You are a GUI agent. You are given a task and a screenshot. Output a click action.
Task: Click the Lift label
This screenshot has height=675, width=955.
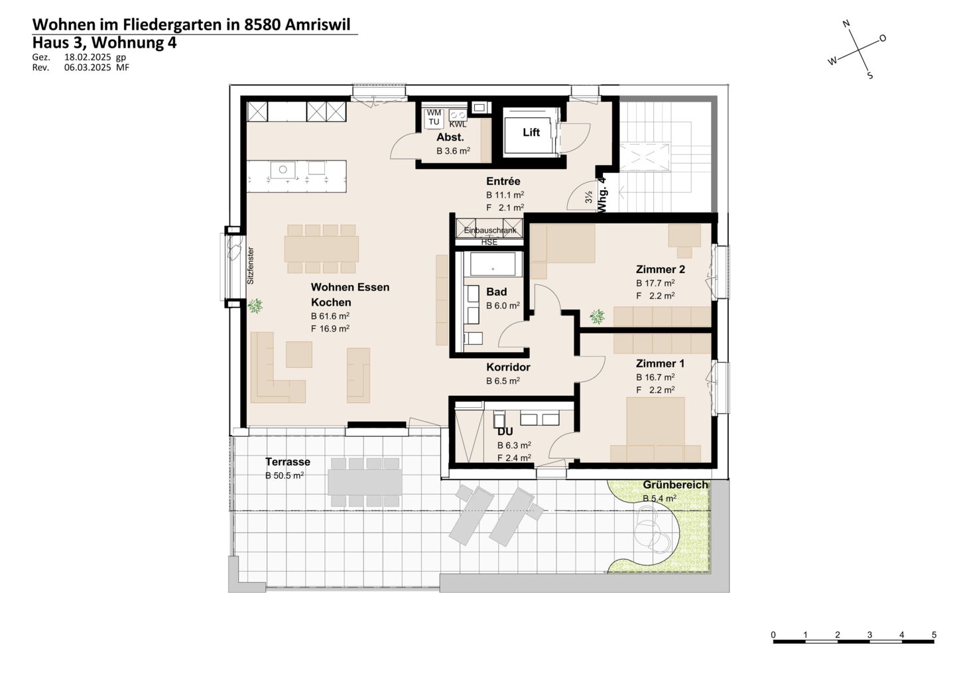point(531,133)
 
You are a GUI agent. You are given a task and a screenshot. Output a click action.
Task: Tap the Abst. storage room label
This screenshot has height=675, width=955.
point(450,137)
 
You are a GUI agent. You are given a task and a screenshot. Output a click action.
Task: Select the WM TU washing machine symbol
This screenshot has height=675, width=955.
point(434,117)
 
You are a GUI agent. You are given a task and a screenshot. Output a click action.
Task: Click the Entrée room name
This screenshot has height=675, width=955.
point(503,181)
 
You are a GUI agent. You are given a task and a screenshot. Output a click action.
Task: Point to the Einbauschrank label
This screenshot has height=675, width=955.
point(490,231)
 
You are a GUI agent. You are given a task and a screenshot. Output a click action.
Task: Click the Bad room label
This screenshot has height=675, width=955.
point(496,292)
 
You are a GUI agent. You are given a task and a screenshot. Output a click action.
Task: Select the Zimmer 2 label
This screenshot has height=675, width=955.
point(660,269)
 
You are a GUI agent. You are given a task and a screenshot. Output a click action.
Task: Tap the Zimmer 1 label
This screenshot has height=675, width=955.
point(660,363)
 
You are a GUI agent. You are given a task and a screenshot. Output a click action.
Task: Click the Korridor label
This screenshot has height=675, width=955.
point(508,367)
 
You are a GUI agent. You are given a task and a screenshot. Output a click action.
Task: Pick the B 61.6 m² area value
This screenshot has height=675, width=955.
point(330,316)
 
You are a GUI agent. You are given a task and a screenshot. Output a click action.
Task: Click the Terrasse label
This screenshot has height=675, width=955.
point(288,462)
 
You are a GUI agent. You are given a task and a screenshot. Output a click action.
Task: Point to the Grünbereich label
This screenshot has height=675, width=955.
point(675,485)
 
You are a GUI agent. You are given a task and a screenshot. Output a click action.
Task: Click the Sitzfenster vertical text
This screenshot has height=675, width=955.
point(251,265)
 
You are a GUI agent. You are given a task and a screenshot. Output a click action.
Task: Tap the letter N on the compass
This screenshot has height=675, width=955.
point(847,23)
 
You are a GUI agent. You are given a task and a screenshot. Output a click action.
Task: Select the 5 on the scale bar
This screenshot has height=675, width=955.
point(934,635)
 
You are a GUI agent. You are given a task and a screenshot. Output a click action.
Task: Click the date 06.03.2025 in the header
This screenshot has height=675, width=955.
point(88,68)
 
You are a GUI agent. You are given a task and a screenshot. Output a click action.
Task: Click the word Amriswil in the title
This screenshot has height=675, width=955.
point(317,25)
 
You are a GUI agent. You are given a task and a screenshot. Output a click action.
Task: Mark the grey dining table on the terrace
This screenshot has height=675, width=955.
point(365,481)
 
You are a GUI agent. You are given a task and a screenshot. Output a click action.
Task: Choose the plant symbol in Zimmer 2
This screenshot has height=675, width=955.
point(597,317)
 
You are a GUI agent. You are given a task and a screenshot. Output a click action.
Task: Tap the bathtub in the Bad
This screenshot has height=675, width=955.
point(493,264)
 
